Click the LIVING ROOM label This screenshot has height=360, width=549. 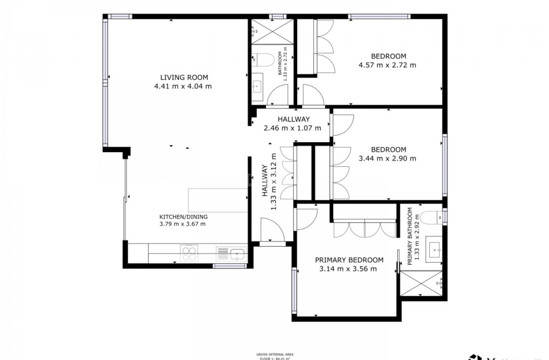[x=184, y=77]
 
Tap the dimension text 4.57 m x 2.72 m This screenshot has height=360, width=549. [x=387, y=65]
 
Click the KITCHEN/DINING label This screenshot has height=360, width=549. [x=183, y=217]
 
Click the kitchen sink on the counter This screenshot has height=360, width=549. [x=237, y=253]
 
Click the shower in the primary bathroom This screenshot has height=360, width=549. [x=421, y=283]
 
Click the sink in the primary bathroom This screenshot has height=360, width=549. [x=435, y=249]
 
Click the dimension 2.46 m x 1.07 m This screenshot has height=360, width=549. [x=292, y=128]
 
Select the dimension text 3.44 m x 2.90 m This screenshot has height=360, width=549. [x=387, y=159]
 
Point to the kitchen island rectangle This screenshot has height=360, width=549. [x=218, y=200]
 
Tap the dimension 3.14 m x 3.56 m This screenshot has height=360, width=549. [x=348, y=269]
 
